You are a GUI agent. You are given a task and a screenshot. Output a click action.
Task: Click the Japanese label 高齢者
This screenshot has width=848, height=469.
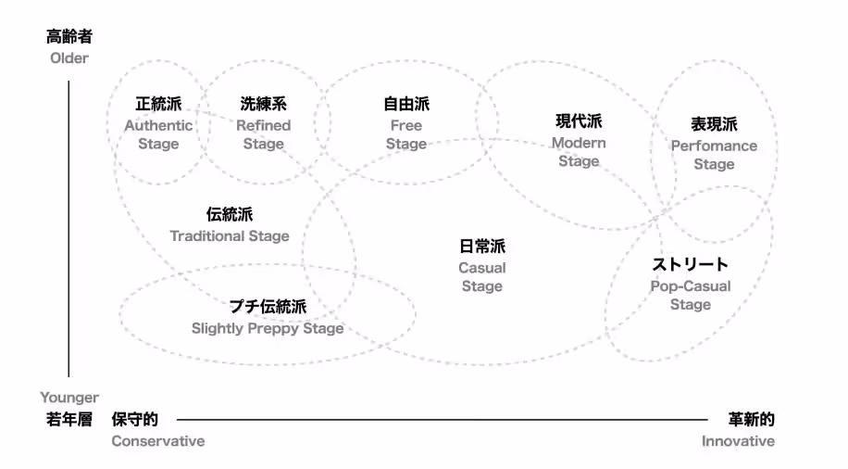point(69,37)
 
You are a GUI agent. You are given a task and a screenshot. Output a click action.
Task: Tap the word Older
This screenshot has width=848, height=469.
point(69,58)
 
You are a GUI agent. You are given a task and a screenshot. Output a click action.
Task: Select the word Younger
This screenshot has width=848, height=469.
point(69,398)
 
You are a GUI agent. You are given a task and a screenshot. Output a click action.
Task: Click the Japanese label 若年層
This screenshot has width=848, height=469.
point(69,419)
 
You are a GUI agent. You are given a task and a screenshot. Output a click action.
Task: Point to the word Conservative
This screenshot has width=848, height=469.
point(158,441)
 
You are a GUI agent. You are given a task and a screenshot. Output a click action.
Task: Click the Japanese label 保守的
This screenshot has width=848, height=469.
point(134,419)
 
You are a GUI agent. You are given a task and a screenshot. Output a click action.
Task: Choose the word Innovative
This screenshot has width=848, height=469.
point(738,441)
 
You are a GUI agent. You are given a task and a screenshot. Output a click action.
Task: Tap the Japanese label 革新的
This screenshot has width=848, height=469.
point(751,419)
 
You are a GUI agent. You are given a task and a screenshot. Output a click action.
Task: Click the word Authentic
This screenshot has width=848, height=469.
point(158,125)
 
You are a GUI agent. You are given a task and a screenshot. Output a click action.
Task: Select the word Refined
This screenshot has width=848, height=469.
point(263,125)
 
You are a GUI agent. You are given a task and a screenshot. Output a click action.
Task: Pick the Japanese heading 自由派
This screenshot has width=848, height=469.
point(406,104)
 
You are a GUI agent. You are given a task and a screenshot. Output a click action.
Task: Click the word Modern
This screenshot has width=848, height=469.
point(579,143)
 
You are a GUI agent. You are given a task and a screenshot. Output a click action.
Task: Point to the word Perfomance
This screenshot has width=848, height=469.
point(714,146)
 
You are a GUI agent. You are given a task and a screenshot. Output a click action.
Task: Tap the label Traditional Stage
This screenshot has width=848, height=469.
point(230,235)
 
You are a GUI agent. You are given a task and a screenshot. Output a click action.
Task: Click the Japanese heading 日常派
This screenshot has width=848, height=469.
point(482,246)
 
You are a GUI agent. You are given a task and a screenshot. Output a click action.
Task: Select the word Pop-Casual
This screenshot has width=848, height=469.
point(690,286)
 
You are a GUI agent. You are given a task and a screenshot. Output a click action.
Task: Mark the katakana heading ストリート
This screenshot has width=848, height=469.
point(690,264)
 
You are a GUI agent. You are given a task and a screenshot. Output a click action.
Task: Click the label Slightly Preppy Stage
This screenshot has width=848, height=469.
point(268,328)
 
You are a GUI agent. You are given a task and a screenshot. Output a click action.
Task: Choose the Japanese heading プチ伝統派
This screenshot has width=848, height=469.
point(268,306)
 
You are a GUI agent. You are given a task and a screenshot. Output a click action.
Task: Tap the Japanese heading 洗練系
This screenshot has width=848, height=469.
point(263,104)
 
